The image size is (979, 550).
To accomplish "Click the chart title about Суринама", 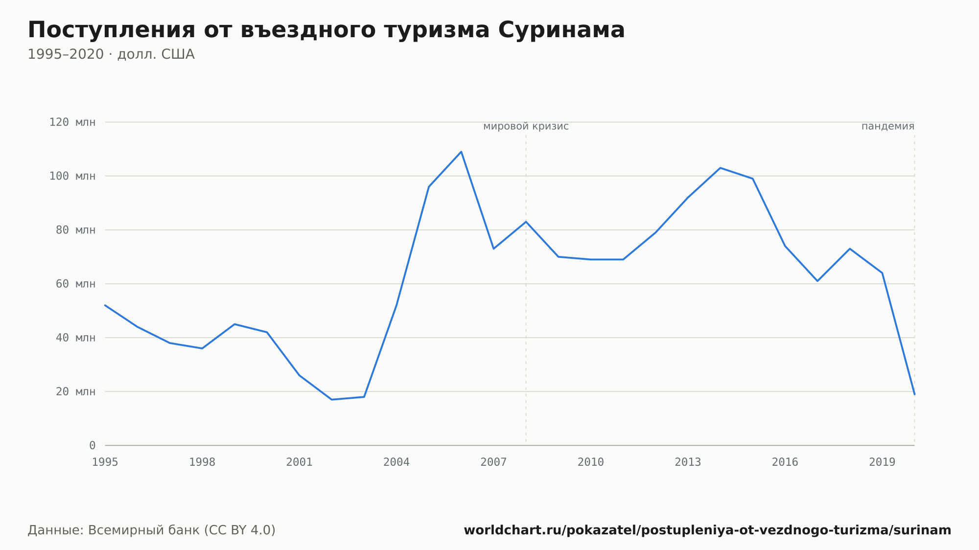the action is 326,30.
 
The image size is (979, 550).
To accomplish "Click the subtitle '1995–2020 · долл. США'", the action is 111,54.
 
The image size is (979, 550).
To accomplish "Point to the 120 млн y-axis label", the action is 72,122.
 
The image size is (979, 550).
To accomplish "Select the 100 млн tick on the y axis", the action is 72,176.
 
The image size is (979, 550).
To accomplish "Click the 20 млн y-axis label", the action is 75,391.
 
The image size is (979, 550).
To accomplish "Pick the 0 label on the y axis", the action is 93,445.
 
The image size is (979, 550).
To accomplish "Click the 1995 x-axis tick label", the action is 105,462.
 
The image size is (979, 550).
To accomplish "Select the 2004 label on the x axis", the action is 396,462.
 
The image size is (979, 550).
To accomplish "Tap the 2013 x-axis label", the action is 688,462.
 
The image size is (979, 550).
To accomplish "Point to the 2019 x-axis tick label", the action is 882,462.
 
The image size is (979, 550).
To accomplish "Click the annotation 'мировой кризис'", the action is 526,127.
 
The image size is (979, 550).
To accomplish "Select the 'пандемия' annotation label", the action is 888,127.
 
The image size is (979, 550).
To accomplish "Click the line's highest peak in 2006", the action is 461,152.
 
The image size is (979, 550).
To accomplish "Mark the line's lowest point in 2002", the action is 332,400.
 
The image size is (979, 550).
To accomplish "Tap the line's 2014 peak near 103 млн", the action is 720,168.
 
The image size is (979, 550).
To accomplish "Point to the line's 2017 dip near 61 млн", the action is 817,281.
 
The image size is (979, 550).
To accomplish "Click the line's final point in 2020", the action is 914,394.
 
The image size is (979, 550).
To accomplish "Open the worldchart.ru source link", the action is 707,530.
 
